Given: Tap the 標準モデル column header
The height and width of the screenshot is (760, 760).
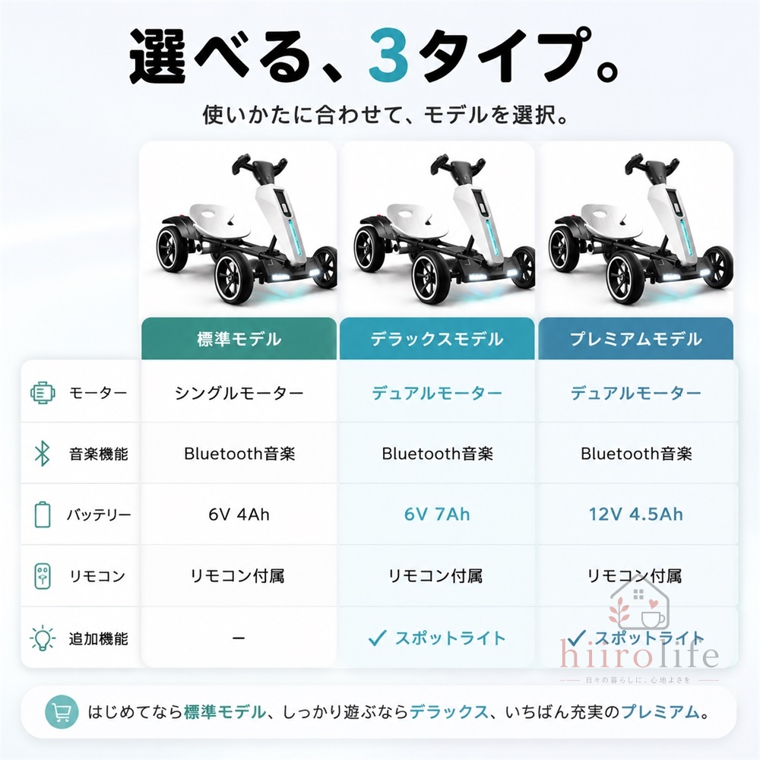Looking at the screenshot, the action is pyautogui.click(x=239, y=339).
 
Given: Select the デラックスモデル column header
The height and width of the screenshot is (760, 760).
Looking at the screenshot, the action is pyautogui.click(x=437, y=339).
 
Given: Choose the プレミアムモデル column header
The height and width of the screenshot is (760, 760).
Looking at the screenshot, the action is pyautogui.click(x=635, y=339).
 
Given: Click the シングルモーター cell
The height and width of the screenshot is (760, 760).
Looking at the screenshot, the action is pyautogui.click(x=239, y=393).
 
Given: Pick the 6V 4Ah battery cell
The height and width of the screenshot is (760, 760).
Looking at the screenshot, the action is pyautogui.click(x=239, y=515).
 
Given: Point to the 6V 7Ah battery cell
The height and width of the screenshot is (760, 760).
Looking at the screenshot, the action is pyautogui.click(x=437, y=515).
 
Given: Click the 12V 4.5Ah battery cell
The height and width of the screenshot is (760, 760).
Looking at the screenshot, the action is pyautogui.click(x=635, y=515).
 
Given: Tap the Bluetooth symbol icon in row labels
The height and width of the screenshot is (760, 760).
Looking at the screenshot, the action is pyautogui.click(x=42, y=454).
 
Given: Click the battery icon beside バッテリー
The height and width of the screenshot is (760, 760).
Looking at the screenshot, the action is pyautogui.click(x=42, y=515).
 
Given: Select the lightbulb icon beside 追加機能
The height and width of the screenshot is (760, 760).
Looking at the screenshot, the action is pyautogui.click(x=42, y=638).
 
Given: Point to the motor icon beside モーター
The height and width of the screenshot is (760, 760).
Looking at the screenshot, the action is pyautogui.click(x=42, y=393).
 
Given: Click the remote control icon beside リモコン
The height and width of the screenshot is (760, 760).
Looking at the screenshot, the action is pyautogui.click(x=42, y=576).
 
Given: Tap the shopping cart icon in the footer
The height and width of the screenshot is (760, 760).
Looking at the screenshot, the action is pyautogui.click(x=62, y=712).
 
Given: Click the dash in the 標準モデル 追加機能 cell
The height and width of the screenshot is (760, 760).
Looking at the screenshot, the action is pyautogui.click(x=239, y=638).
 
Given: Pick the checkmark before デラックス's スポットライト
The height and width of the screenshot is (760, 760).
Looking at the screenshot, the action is pyautogui.click(x=377, y=638).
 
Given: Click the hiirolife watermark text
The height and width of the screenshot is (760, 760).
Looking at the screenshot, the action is pyautogui.click(x=639, y=654).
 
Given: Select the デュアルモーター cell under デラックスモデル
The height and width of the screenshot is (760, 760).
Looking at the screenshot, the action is pyautogui.click(x=437, y=393).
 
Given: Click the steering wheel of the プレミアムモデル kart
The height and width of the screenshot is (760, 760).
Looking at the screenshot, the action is pyautogui.click(x=653, y=167).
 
